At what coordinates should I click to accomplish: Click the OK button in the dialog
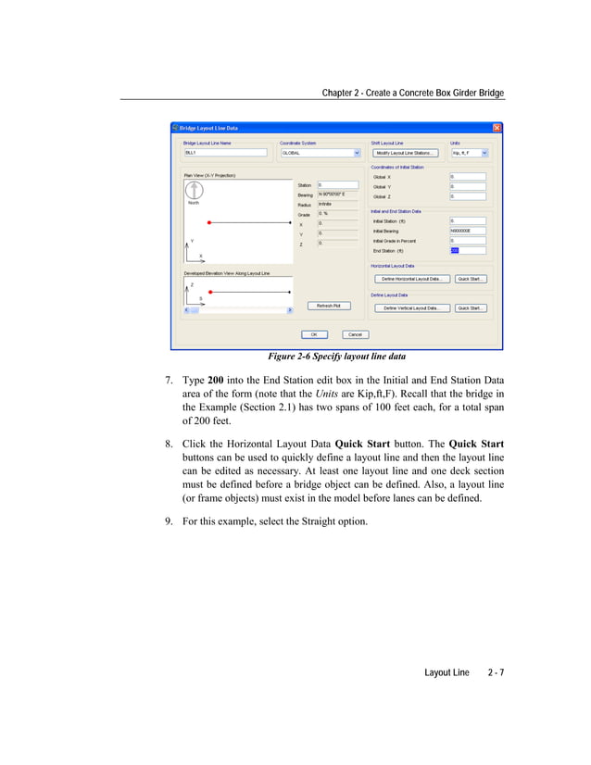(x=313, y=334)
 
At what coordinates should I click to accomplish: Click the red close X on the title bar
(x=497, y=128)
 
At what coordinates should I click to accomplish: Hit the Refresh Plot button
(x=329, y=305)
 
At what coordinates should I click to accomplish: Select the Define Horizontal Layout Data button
(x=411, y=279)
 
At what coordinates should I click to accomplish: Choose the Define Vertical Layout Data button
(x=411, y=308)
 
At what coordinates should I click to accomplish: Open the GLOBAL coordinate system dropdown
(x=357, y=153)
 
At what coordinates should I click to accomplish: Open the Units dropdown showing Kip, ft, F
(x=484, y=153)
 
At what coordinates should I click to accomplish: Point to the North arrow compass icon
(x=195, y=190)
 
